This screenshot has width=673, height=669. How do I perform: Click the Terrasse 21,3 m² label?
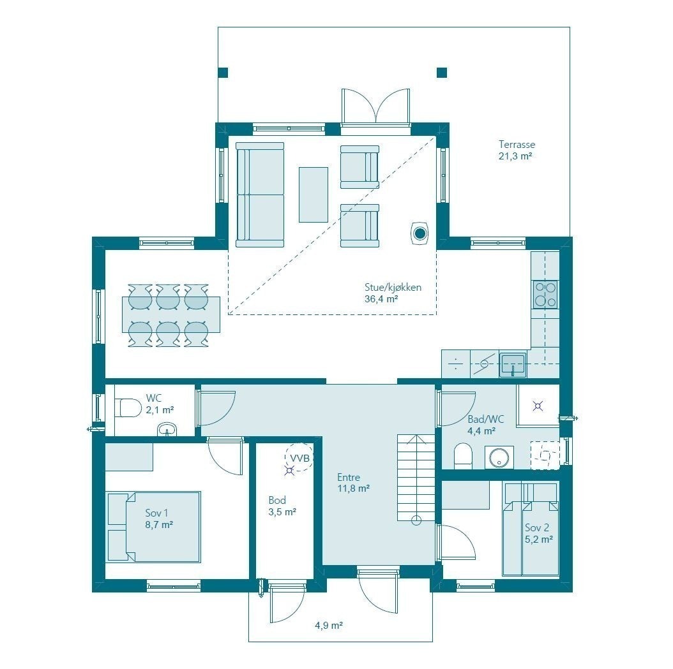516,150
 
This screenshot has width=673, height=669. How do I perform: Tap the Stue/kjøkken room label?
393,293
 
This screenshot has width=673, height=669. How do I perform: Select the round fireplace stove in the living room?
420,234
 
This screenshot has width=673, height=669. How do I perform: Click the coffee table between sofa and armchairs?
313,195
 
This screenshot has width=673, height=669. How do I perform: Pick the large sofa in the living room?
260,195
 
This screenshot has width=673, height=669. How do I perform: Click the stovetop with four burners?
545,294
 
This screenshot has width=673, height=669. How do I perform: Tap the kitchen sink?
513,365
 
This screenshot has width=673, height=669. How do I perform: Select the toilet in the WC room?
128,407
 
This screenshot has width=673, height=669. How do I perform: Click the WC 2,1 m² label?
159,404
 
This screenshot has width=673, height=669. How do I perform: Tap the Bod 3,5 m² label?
282,506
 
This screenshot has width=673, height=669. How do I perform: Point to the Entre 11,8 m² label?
353,483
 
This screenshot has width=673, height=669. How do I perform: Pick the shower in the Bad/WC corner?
538,404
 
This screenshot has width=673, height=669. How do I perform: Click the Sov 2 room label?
538,533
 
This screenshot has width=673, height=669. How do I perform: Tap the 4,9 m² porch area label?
329,626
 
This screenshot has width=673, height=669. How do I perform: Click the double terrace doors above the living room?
375,107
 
